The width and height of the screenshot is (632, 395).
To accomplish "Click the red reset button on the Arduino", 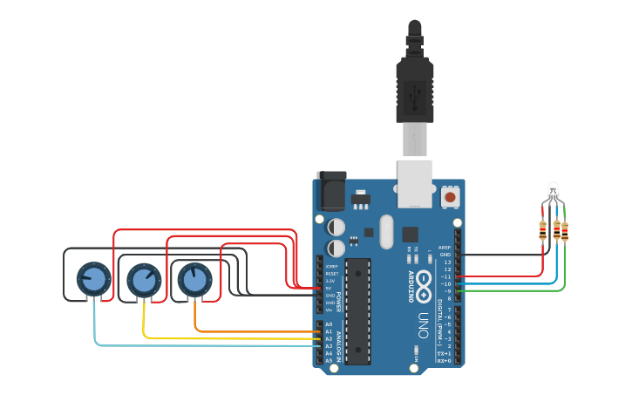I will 450,197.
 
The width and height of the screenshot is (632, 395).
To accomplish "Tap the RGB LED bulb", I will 553,189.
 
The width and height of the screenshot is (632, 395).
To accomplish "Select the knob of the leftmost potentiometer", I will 93,280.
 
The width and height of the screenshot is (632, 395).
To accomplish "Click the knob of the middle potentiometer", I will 144,280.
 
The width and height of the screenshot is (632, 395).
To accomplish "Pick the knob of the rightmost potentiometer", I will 194,280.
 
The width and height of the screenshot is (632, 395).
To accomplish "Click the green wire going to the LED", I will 523,290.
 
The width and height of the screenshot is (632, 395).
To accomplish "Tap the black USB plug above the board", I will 415,87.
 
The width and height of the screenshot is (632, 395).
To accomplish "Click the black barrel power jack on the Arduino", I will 331,189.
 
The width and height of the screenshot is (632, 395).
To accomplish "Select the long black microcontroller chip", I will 357,310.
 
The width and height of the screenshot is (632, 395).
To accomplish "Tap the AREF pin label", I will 445,248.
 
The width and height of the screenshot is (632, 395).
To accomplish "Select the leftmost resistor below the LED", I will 543,230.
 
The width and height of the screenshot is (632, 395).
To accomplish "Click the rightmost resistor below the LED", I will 564,232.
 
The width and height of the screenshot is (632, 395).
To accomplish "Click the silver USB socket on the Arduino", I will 414,183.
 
